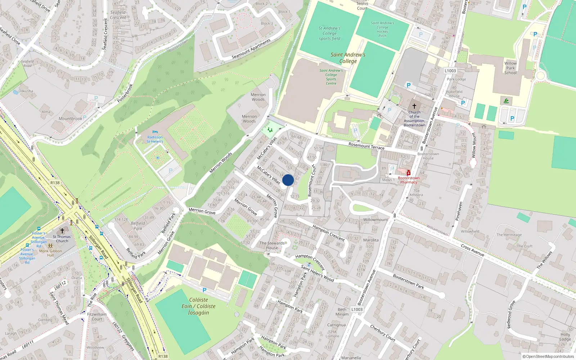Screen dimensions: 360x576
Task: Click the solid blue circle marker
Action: click(x=288, y=180)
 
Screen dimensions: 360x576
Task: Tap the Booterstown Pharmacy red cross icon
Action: click(x=409, y=173)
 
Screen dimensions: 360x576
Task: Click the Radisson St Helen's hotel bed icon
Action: click(x=155, y=132)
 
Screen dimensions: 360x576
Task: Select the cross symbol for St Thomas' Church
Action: click(x=62, y=230)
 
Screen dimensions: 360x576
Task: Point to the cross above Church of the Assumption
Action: click(x=414, y=106)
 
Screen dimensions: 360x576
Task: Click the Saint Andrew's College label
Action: click(x=348, y=58)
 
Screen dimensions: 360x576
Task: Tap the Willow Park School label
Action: click(x=510, y=68)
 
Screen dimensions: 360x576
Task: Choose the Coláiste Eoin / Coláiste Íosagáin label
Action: click(x=198, y=306)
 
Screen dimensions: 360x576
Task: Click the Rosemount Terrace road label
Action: click(x=366, y=146)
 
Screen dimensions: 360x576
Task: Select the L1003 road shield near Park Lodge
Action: click(x=450, y=71)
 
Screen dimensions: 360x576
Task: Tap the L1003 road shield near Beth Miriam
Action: click(x=357, y=309)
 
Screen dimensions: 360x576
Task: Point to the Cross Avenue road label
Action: click(x=472, y=250)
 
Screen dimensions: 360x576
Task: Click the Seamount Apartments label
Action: click(x=251, y=49)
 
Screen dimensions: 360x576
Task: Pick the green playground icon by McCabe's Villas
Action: click(x=270, y=130)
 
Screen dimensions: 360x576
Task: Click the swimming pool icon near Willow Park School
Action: click(x=506, y=101)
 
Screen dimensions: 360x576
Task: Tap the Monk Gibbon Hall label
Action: click(x=50, y=253)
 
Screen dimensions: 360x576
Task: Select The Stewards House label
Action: click(x=272, y=245)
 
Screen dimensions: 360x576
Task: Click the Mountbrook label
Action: click(x=70, y=118)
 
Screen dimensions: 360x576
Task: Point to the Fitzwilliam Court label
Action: click(x=97, y=316)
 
